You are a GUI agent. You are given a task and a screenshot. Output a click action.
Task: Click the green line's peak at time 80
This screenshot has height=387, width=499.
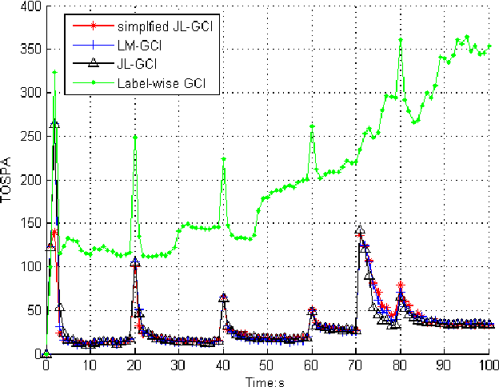point(400,39)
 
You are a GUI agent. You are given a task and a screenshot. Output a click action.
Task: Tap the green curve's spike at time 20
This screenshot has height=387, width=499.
point(135,137)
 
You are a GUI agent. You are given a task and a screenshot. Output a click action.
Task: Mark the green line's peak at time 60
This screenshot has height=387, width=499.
point(312,126)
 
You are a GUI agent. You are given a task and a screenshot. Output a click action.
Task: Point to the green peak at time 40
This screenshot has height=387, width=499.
point(224,159)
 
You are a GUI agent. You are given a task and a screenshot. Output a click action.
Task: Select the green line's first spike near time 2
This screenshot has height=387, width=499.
point(54,72)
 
